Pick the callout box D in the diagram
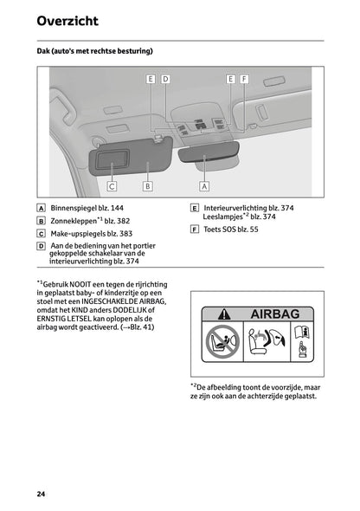[x=165, y=79]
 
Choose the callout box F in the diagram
[x=245, y=79]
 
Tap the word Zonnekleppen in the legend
[x=72, y=222]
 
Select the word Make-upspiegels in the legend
[x=77, y=234]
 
